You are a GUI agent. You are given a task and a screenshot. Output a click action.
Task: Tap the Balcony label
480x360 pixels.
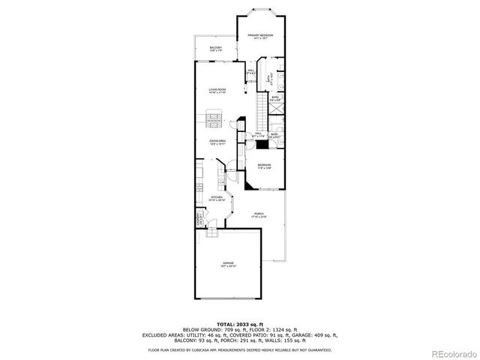[x=215, y=49]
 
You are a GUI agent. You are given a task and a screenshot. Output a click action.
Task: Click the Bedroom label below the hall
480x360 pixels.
[x=264, y=166]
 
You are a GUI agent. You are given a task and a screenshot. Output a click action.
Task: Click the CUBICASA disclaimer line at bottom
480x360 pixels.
[x=239, y=349]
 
